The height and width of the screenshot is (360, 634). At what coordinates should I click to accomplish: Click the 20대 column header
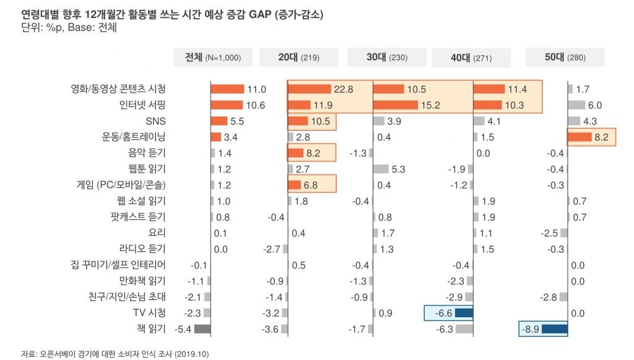click(298, 58)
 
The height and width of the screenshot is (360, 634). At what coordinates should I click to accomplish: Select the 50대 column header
click(565, 58)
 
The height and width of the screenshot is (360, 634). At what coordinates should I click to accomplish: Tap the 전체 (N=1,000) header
click(213, 58)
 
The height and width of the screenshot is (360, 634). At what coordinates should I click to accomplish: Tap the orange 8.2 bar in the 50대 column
click(579, 136)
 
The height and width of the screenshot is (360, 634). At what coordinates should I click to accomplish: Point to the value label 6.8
click(312, 185)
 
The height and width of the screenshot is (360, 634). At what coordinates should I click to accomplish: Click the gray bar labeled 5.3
click(381, 169)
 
